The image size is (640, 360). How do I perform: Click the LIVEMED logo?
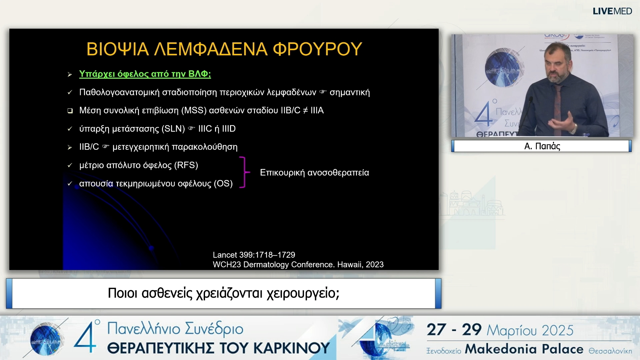tap(612, 11)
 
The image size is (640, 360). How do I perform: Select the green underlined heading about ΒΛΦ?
tap(145, 74)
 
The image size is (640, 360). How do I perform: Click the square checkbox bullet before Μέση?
tap(70, 111)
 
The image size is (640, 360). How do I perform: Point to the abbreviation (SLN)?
tap(173, 129)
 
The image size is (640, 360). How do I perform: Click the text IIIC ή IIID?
tap(217, 129)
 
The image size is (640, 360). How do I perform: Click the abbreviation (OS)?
tap(223, 184)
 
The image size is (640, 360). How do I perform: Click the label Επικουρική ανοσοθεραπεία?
tap(314, 173)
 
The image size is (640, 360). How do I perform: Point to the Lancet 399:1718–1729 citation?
tap(254, 255)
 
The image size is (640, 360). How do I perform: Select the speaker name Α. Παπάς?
tap(542, 146)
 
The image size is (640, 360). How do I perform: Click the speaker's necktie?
tap(557, 107)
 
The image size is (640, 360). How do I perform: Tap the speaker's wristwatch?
tap(574, 128)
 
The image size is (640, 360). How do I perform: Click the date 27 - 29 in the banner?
tap(454, 330)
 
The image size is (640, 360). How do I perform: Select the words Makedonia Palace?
tap(524, 349)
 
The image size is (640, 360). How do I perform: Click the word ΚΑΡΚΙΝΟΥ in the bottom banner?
tap(292, 348)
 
